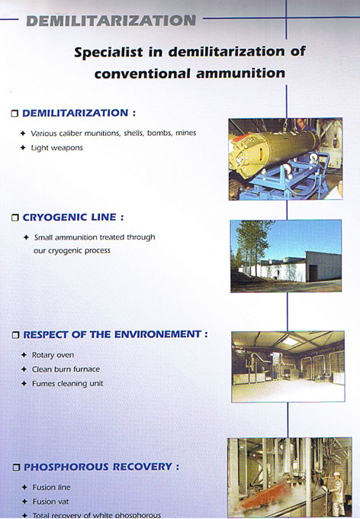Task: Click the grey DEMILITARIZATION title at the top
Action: click(111, 21)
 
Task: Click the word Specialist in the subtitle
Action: click(109, 53)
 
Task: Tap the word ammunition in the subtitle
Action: click(241, 73)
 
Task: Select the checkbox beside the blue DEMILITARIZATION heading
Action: click(14, 114)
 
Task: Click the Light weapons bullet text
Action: click(57, 147)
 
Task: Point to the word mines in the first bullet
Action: click(186, 133)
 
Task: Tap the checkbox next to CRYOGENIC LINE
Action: click(15, 218)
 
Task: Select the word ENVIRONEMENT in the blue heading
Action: click(157, 334)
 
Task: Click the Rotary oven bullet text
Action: click(53, 355)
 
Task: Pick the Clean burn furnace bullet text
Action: click(66, 369)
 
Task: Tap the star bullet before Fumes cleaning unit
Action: click(24, 384)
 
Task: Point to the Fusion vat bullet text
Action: click(50, 501)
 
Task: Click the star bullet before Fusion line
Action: click(24, 487)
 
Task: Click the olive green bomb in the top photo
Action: click(273, 150)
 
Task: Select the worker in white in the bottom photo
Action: click(336, 493)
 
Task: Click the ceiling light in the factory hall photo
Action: click(290, 341)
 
